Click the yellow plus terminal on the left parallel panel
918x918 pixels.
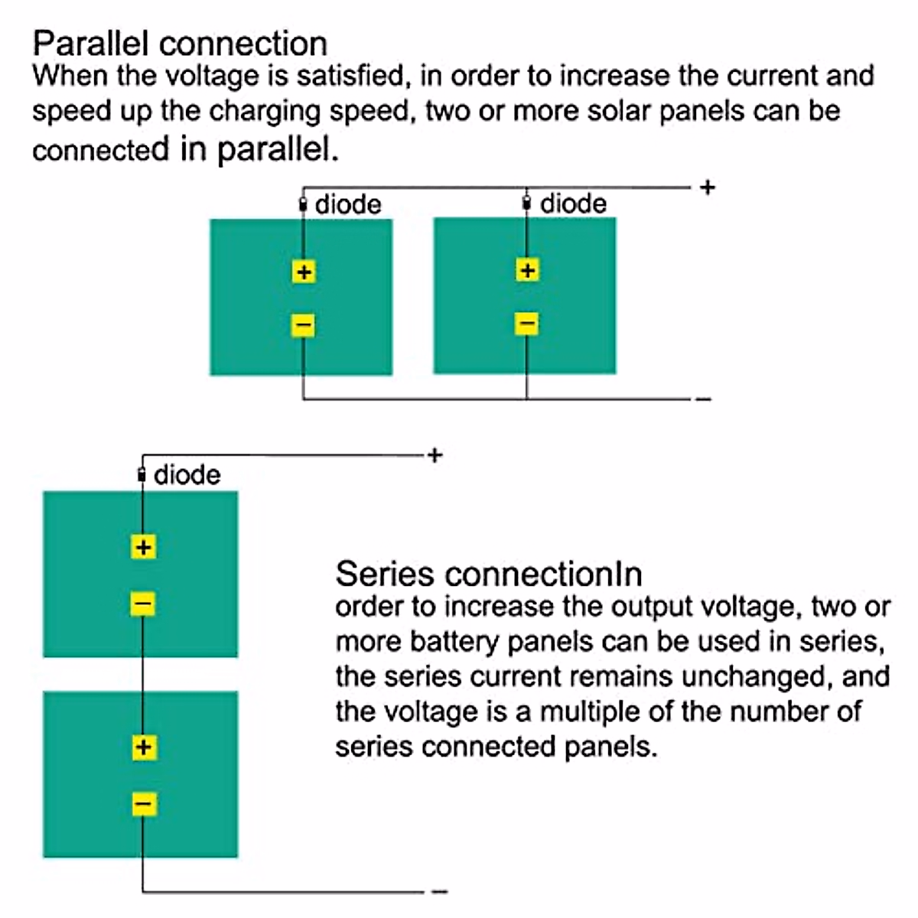pos(304,272)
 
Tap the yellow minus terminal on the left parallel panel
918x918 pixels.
pos(303,325)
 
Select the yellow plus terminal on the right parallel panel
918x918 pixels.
pos(527,271)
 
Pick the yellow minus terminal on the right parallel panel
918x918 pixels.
pos(527,324)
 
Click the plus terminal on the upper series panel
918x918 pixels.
pos(143,547)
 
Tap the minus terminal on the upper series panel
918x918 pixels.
pos(142,604)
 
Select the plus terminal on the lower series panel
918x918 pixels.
pos(144,747)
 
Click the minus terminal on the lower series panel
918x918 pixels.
pos(144,804)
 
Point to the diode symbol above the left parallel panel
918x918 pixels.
pos(303,205)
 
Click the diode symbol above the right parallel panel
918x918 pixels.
pos(526,203)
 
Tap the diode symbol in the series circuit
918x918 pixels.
pos(142,475)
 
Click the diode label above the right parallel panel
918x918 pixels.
pos(573,204)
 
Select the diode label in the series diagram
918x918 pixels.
pos(187,475)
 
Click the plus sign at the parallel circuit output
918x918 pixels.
pos(708,187)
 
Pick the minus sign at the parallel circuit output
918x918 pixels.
pos(704,399)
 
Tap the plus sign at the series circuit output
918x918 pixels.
pos(435,455)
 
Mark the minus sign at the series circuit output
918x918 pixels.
pos(440,891)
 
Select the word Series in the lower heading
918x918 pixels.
pos(385,574)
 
